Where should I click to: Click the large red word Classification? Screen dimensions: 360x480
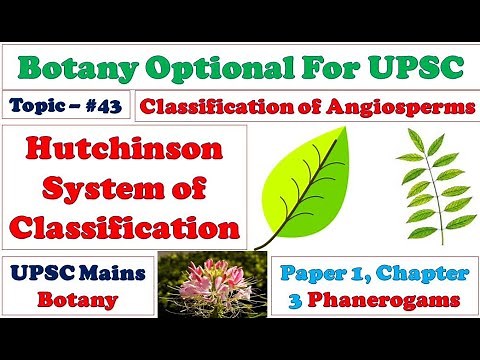[x=127, y=222]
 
